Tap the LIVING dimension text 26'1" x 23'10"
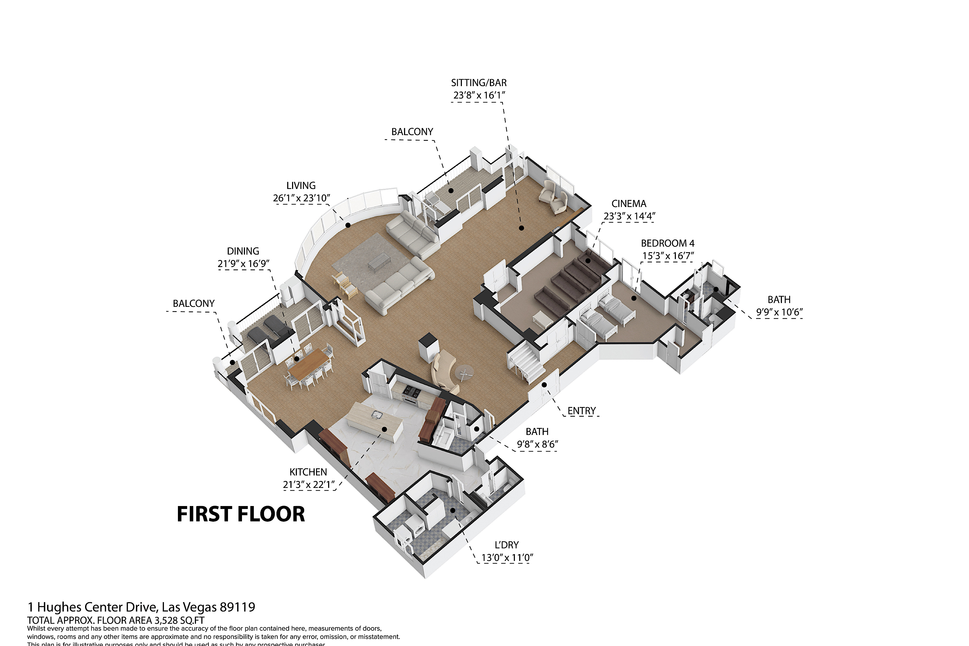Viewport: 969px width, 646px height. (x=301, y=198)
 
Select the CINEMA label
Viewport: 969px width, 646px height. (x=629, y=203)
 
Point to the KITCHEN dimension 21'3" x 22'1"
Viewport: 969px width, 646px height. (x=308, y=484)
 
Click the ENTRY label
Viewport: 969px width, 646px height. (x=581, y=411)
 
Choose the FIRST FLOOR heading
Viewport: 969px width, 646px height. (x=241, y=514)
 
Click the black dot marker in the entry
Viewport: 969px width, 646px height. (x=544, y=385)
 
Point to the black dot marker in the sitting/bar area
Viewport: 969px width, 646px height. (x=521, y=228)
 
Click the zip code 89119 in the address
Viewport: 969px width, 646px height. (x=237, y=607)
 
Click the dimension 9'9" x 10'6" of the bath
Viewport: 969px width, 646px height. (x=779, y=312)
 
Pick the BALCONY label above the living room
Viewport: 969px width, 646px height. (x=412, y=132)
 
